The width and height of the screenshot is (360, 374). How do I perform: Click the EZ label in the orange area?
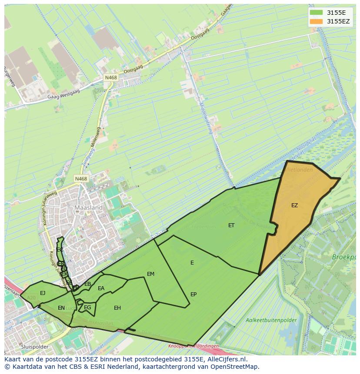294,205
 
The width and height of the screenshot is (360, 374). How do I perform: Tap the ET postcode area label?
231,225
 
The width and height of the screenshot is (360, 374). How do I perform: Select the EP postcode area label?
193,294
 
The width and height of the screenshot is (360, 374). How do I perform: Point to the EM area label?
150,274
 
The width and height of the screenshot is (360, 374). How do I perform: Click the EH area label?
117,308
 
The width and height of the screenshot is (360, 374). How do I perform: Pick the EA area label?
101,288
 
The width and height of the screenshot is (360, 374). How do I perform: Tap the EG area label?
87,308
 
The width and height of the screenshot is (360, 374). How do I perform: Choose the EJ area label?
43,293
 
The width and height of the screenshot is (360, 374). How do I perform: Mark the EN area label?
61,308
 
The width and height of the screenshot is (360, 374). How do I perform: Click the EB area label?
87,284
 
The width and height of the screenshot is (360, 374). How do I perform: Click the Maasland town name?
88,208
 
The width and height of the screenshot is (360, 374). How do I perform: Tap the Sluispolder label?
34,347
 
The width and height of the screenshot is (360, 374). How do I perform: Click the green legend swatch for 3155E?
316,12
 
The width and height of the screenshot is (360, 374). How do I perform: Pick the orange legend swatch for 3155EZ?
316,21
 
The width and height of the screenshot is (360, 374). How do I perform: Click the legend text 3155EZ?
338,21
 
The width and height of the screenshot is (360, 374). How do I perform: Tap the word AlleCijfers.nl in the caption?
226,359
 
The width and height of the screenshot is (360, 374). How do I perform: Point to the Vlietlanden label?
298,170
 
